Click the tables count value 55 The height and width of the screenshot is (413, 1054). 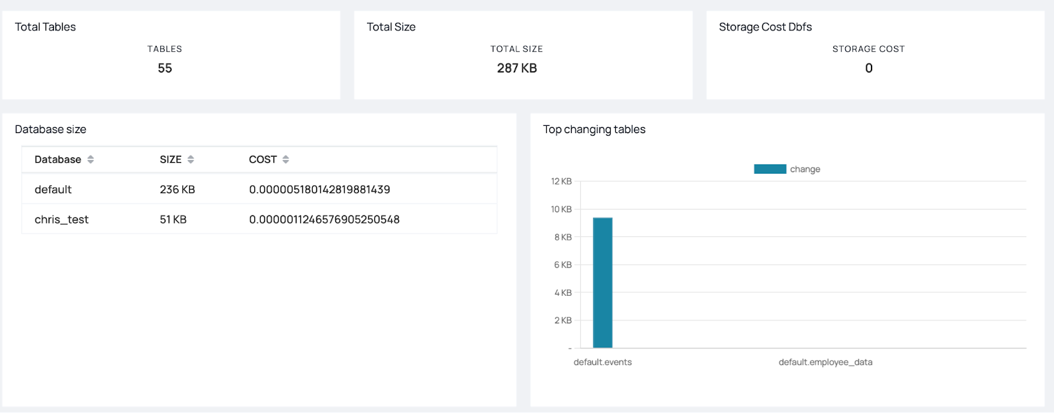tap(165, 69)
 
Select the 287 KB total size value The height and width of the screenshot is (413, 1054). tap(516, 69)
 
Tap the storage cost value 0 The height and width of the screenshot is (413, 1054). tap(868, 69)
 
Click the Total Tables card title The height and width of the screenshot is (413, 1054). tap(45, 27)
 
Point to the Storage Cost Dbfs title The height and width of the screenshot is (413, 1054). tap(765, 27)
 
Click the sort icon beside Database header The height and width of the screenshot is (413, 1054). tap(91, 159)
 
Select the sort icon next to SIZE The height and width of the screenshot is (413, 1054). tap(191, 159)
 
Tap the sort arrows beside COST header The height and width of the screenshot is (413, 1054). tap(286, 159)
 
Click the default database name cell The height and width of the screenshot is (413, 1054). tap(53, 190)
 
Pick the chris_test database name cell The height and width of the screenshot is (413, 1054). tap(61, 220)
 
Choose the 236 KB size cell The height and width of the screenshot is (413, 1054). tap(177, 190)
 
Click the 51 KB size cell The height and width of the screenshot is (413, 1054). tap(173, 220)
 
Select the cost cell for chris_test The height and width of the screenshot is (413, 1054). tap(324, 220)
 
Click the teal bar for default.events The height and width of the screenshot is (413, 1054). tap(603, 283)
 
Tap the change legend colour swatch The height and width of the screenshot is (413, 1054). tap(769, 169)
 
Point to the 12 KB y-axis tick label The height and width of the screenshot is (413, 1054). tap(561, 182)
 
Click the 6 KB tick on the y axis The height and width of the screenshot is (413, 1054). tap(563, 265)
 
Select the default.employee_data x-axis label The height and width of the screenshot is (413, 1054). tap(825, 362)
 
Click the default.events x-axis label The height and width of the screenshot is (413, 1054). tap(603, 362)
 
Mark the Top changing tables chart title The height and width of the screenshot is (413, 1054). tap(594, 130)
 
